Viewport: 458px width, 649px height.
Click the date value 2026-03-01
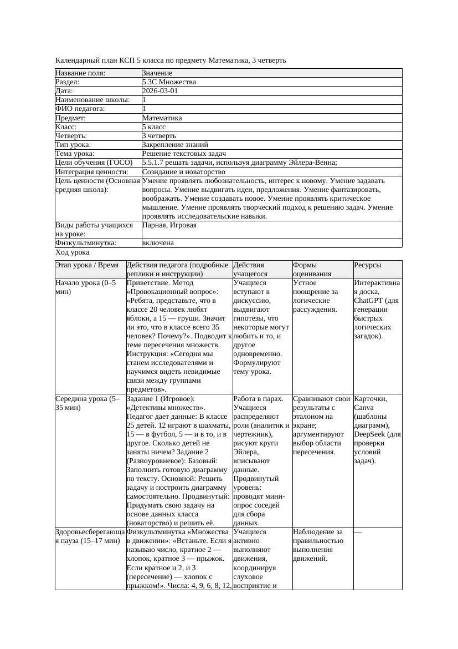point(160,91)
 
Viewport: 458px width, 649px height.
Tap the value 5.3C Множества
point(169,82)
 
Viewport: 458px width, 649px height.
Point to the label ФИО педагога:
point(80,109)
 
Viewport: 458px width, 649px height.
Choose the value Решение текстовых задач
point(184,153)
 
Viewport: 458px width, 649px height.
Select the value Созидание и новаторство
point(183,171)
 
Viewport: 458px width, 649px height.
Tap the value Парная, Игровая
point(169,225)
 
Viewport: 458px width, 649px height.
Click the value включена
point(158,243)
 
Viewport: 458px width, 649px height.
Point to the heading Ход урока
point(72,252)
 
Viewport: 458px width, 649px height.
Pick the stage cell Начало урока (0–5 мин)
point(85,287)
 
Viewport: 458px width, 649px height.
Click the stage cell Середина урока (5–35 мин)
point(86,403)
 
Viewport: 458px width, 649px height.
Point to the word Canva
point(364,407)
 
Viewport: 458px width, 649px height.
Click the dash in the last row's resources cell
point(358,532)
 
